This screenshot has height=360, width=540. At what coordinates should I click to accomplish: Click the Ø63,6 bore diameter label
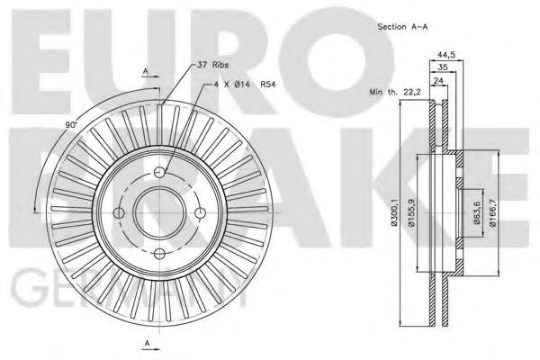[477, 216]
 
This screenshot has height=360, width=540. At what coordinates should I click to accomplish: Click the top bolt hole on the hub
[159, 173]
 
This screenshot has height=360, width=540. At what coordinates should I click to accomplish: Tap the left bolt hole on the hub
[121, 212]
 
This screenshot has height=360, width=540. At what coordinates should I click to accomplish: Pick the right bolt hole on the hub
[199, 212]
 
